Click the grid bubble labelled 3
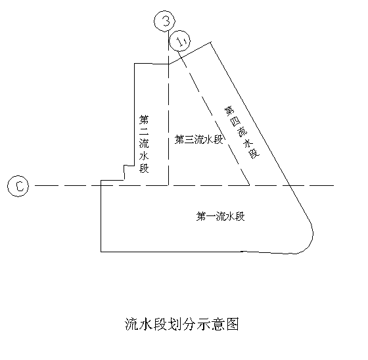(x=164, y=21)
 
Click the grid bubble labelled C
(x=18, y=186)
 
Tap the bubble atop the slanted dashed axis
(x=179, y=41)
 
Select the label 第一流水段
(x=221, y=216)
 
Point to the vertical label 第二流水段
(x=144, y=144)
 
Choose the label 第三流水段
(x=198, y=139)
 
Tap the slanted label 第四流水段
(x=242, y=132)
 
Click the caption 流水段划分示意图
(x=182, y=325)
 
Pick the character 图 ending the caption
(x=233, y=325)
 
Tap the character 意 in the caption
(x=218, y=325)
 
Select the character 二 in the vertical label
(x=144, y=131)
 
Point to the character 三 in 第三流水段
(x=189, y=140)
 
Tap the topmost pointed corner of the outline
(x=210, y=42)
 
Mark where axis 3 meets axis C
(x=168, y=185)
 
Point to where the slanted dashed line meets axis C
(x=249, y=185)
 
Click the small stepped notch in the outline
(x=124, y=173)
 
